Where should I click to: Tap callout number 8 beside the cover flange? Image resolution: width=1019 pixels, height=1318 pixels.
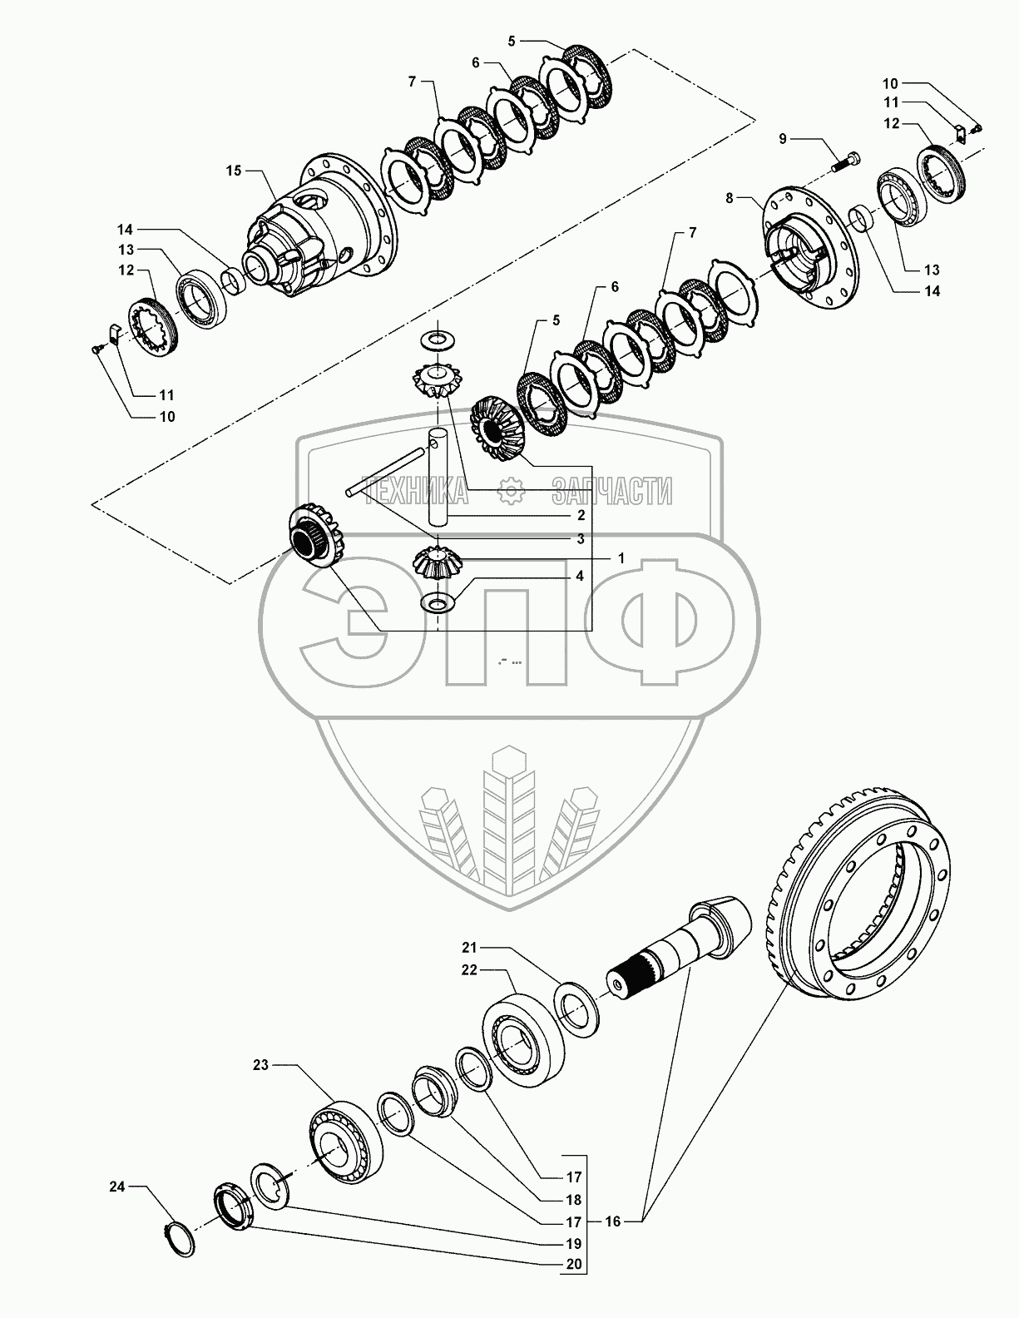729,198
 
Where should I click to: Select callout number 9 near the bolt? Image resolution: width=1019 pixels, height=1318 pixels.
782,138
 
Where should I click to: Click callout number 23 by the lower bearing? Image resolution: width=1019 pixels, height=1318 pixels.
261,1064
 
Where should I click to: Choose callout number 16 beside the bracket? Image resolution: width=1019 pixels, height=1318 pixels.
612,1221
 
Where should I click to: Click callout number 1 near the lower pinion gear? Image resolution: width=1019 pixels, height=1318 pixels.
620,558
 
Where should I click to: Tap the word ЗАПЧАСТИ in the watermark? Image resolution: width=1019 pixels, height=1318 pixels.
612,493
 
